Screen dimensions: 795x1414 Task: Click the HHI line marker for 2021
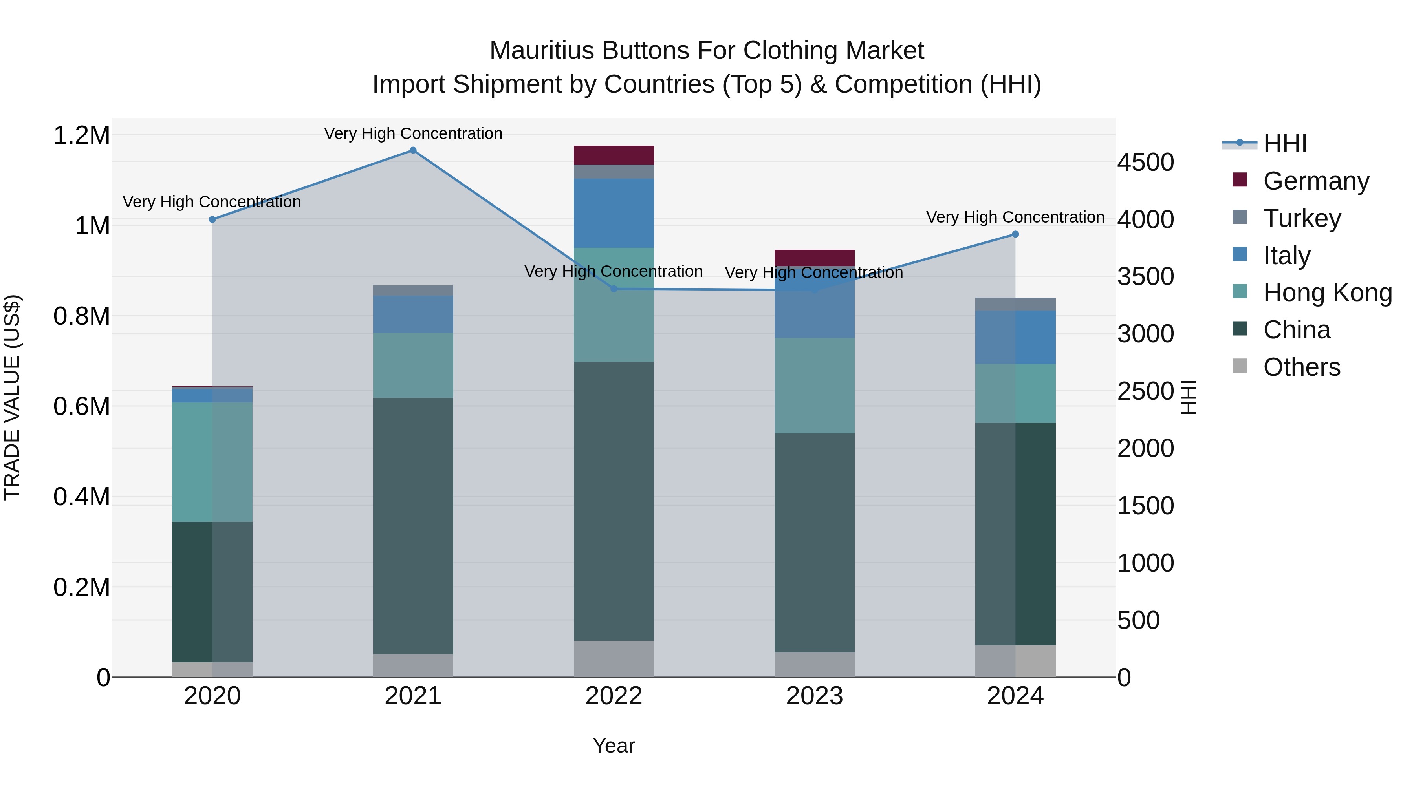tap(413, 150)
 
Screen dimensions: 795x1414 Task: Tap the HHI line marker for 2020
tap(212, 219)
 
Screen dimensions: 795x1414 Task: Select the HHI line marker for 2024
tap(1015, 234)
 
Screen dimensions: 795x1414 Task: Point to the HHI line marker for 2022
tap(614, 289)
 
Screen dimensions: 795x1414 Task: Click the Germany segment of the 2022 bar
tap(614, 155)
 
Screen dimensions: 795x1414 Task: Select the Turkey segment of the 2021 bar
tap(413, 290)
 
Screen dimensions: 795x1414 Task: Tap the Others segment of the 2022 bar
tap(614, 658)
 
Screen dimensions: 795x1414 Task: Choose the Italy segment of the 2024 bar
tap(1015, 337)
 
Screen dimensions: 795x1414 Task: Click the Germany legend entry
tap(1316, 181)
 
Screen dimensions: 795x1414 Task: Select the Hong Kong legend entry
tap(1327, 292)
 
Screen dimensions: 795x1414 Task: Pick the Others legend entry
tap(1302, 367)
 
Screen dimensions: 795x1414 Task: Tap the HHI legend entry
tap(1284, 144)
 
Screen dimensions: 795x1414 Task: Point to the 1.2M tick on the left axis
tap(82, 135)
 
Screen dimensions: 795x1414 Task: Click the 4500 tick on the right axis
tap(1146, 163)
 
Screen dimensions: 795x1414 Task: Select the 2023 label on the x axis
tap(814, 696)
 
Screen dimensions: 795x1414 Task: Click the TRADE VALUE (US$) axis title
tap(12, 397)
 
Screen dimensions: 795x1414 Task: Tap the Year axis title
tap(614, 746)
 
